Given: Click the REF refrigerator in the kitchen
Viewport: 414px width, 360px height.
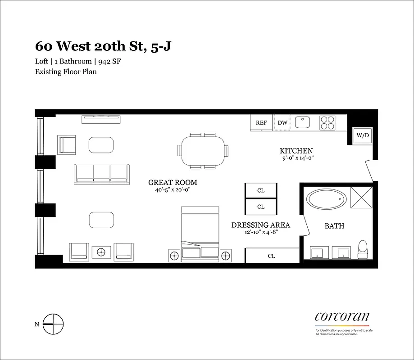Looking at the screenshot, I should [x=261, y=123].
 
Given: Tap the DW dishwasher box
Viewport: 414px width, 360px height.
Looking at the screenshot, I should [x=282, y=123].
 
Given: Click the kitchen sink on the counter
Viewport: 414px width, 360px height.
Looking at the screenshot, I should [x=302, y=122].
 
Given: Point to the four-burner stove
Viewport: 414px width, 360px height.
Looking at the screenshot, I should [x=328, y=122].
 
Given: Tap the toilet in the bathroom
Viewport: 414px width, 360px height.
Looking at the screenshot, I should [x=363, y=250].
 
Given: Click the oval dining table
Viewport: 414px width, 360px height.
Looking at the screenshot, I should [x=203, y=151].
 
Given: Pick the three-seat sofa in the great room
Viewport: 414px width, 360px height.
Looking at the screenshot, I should [x=101, y=174].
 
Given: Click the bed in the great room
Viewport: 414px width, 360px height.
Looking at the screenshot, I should [x=200, y=234].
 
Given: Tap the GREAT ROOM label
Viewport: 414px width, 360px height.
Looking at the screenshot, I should [x=173, y=183].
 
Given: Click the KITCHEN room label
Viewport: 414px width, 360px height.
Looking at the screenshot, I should [x=296, y=151].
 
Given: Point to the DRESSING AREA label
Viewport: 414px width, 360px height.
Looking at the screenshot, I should [x=260, y=225].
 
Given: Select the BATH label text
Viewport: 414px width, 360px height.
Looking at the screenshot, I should [x=334, y=226].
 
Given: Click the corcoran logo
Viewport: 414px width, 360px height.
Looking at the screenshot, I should [x=342, y=316].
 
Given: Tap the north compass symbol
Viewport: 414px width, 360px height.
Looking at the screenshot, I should [x=53, y=324].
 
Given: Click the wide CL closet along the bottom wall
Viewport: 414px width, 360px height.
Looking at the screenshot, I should [x=272, y=256].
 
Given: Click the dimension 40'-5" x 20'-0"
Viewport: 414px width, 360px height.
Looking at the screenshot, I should [x=173, y=190].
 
